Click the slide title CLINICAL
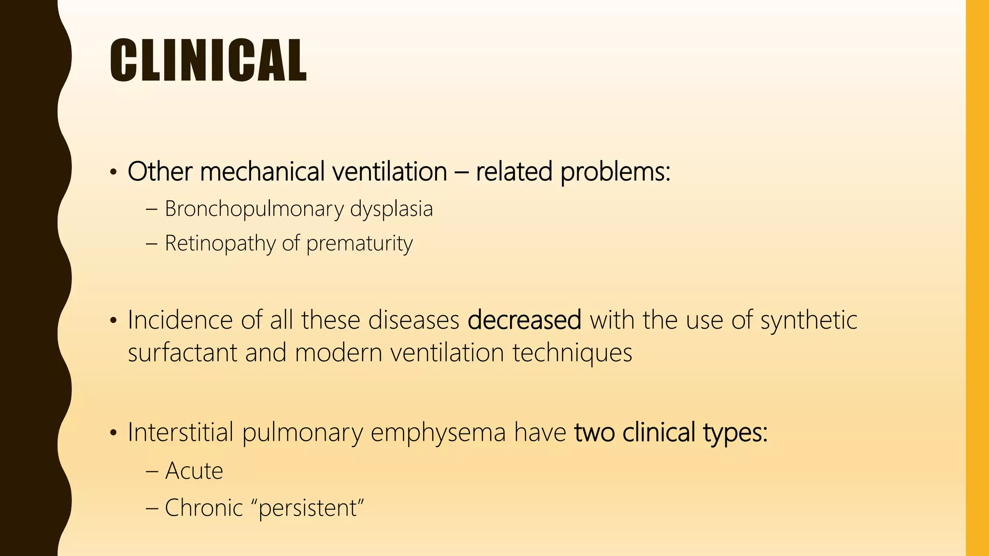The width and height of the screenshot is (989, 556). pyautogui.click(x=208, y=60)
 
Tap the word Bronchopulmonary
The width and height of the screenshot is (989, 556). pyautogui.click(x=254, y=209)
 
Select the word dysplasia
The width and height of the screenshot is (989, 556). pyautogui.click(x=391, y=209)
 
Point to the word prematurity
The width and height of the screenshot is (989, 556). pyautogui.click(x=359, y=243)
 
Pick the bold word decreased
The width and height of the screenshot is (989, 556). pyautogui.click(x=524, y=320)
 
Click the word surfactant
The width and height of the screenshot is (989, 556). pyautogui.click(x=183, y=352)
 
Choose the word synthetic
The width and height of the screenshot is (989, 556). pyautogui.click(x=809, y=320)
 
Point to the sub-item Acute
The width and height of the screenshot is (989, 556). pyautogui.click(x=194, y=471)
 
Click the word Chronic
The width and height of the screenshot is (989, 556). pyautogui.click(x=204, y=508)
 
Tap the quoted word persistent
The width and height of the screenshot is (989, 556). pyautogui.click(x=311, y=508)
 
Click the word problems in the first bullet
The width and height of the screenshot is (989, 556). pyautogui.click(x=615, y=172)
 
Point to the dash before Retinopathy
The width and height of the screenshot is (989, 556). pyautogui.click(x=151, y=244)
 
